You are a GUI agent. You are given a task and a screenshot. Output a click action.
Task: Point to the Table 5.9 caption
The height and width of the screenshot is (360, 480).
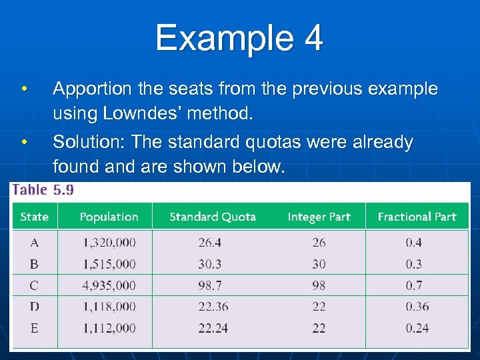[43, 190]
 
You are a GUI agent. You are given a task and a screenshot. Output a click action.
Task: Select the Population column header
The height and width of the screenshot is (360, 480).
[109, 217]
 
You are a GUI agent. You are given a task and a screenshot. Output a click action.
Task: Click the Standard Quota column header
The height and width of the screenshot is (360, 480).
[213, 217]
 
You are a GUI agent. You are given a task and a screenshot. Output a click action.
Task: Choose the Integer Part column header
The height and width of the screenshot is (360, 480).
[319, 217]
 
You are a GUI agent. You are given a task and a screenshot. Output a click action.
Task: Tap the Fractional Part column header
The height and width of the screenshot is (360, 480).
[417, 217]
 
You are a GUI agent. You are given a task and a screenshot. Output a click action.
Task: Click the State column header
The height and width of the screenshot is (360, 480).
[34, 217]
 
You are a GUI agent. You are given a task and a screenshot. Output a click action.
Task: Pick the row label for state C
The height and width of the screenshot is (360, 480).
[34, 285]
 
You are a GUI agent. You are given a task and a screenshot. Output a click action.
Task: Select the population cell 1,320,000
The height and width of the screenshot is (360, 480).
[109, 243]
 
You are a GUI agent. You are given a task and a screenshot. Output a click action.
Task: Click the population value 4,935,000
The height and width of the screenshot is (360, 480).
[109, 285]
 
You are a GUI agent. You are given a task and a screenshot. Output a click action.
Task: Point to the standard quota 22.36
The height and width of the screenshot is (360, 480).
[213, 307]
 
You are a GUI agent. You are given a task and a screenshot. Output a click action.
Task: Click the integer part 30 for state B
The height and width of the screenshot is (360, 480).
[319, 264]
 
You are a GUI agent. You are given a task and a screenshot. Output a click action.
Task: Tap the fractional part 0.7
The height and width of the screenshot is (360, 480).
[413, 285]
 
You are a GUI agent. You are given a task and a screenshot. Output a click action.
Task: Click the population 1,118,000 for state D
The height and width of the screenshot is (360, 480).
[109, 307]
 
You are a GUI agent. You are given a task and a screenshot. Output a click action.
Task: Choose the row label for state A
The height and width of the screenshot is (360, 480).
[34, 243]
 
